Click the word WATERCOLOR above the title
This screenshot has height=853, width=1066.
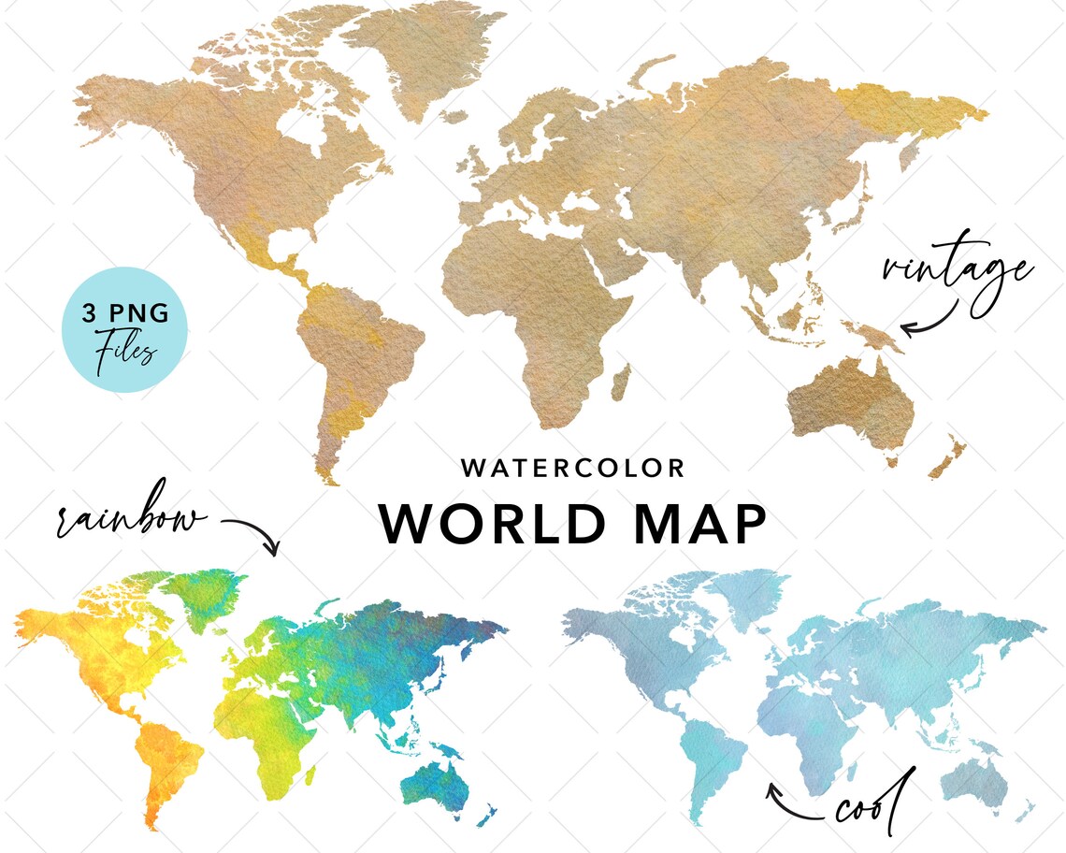pos(573,468)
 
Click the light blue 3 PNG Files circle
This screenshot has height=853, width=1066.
pos(124,328)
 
